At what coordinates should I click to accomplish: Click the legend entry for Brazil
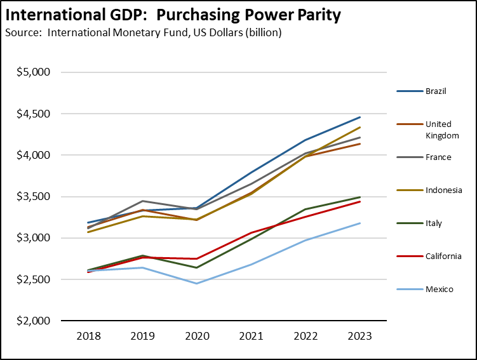[436, 91]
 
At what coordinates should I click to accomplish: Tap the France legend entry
[438, 157]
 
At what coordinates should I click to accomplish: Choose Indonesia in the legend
[443, 190]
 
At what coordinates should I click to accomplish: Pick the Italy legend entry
[434, 223]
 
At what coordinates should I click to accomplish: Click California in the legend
[443, 256]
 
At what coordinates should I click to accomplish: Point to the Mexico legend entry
[439, 289]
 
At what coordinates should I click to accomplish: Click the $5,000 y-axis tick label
[32, 72]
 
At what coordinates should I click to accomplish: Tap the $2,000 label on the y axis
[32, 321]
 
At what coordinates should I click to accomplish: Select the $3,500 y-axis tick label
[32, 196]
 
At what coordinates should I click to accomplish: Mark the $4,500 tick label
[32, 114]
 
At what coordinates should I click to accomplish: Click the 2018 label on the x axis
[88, 337]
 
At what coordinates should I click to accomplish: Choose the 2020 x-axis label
[196, 337]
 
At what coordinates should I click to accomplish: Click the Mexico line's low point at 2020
[196, 283]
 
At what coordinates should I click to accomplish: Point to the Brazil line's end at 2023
[360, 117]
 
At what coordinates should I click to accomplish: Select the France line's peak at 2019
[142, 201]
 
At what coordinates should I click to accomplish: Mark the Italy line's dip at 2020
[196, 267]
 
